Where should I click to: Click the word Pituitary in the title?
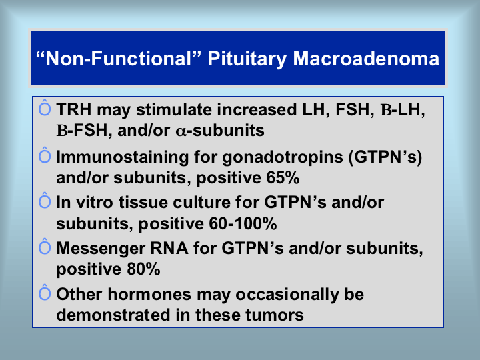click(247, 59)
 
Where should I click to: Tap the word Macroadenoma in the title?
click(366, 59)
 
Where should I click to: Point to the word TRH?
click(74, 109)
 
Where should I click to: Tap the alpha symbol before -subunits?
click(181, 131)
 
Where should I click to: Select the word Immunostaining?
click(123, 157)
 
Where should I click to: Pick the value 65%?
click(283, 177)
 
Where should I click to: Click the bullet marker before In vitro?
click(45, 200)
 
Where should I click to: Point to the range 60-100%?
click(243, 223)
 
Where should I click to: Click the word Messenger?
click(101, 248)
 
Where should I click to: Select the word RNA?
click(169, 248)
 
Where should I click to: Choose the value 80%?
click(143, 269)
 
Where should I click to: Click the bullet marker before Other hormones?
click(45, 292)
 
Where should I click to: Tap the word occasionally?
click(287, 295)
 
